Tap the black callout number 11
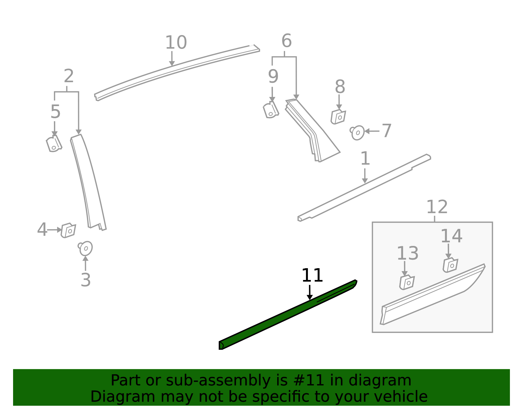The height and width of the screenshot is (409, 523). (312, 275)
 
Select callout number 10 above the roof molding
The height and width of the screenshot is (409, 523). (176, 43)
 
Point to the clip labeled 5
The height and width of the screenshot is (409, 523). (54, 144)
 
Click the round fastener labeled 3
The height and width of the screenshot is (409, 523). (86, 249)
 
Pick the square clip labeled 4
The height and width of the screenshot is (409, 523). (69, 230)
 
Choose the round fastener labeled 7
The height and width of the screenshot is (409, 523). (358, 132)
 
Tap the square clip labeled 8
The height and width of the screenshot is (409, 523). (338, 117)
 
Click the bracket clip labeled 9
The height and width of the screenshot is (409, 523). (271, 110)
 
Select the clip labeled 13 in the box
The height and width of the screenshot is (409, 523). (407, 282)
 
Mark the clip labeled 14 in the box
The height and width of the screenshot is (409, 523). (450, 265)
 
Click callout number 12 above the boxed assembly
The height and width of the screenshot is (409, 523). (437, 207)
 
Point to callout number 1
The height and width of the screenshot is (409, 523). (365, 158)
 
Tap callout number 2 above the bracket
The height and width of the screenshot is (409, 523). (69, 76)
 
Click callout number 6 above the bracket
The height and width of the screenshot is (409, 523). (286, 41)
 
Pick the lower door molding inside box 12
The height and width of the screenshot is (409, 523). (431, 295)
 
